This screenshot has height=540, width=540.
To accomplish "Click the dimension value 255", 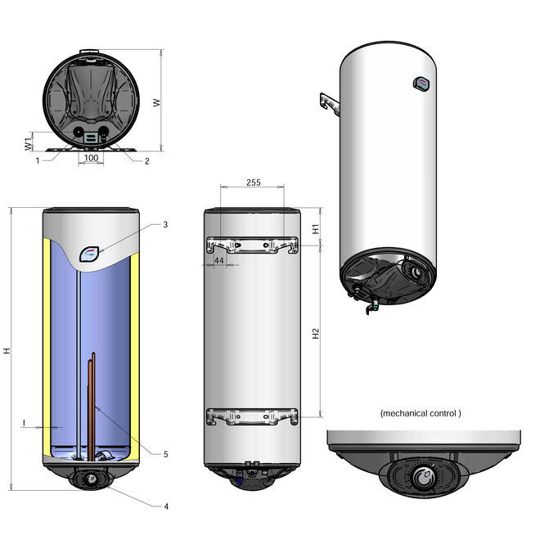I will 253,183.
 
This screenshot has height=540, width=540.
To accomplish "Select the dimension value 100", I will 91,157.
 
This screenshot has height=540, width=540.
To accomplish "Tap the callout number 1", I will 38,161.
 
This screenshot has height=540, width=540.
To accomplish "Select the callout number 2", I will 146,161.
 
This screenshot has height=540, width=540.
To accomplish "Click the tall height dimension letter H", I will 7,350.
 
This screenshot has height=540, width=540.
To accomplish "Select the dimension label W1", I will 28,144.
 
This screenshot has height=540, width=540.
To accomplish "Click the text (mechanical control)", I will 421,414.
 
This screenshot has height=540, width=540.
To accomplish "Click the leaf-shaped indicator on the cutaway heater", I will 92,254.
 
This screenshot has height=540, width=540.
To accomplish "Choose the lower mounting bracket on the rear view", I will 252,416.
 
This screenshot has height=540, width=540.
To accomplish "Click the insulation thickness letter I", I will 25,423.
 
